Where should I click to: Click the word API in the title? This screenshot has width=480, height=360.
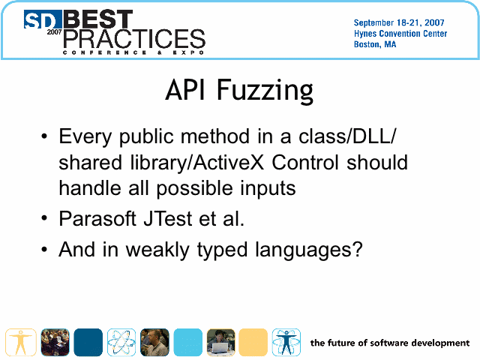(185, 90)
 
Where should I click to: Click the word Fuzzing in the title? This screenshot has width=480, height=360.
(265, 91)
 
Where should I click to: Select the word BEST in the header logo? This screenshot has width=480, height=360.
(98, 19)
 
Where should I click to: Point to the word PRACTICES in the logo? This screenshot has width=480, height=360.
(134, 39)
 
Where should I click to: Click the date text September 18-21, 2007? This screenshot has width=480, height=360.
(399, 22)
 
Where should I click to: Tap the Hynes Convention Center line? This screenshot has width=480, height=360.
(400, 33)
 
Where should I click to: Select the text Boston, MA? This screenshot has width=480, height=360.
(375, 44)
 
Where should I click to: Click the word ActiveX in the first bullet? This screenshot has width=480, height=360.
(228, 162)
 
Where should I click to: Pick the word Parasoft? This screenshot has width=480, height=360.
(97, 218)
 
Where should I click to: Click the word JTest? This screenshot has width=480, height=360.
(168, 218)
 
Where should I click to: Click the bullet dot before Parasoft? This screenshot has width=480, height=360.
(44, 218)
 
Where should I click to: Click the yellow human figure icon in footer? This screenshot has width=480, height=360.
(20, 342)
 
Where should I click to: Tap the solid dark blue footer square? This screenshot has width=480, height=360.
(88, 342)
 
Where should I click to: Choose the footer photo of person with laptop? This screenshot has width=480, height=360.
(221, 342)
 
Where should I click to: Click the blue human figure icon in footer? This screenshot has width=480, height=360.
(286, 342)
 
